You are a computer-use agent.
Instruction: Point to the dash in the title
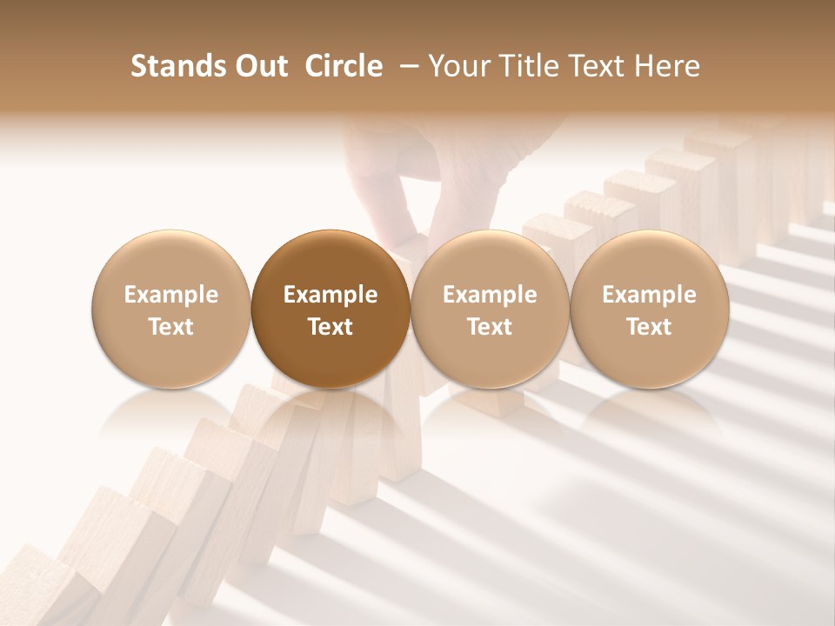[405, 66]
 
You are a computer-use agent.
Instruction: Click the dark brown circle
[331, 309]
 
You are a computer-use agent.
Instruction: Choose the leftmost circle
[171, 309]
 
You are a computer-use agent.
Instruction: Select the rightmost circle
[649, 309]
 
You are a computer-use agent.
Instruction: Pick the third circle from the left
[490, 309]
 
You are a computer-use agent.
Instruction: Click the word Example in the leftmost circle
[171, 295]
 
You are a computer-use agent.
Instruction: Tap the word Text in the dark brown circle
[331, 327]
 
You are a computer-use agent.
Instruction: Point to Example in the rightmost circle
[649, 295]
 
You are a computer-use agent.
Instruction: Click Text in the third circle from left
[490, 327]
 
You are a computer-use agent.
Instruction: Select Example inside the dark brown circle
[331, 295]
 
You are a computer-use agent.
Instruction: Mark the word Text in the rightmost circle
[649, 327]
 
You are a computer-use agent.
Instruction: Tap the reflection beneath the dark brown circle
[331, 417]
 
